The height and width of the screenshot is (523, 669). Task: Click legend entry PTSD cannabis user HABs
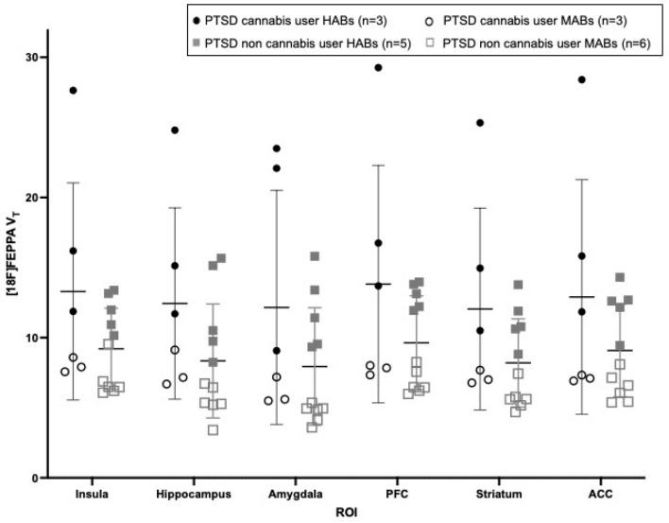(x=283, y=19)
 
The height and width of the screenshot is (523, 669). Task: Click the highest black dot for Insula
(x=73, y=91)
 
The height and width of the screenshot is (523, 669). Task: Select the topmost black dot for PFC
(x=378, y=68)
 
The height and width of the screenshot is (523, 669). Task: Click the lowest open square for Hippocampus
(x=214, y=430)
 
